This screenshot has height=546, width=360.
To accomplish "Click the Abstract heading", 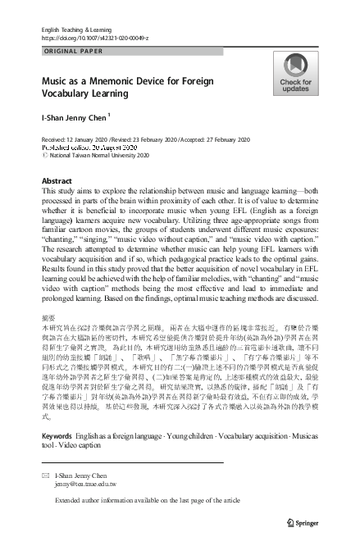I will coord(57,181).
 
